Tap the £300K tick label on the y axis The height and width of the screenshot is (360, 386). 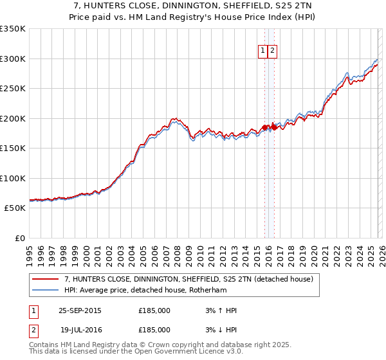pos(13,59)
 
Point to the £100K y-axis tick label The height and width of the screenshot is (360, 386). pos(13,178)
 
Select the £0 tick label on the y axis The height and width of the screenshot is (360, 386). pos(19,238)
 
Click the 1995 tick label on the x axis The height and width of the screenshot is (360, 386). pos(30,252)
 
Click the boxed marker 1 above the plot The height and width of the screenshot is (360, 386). pos(263,51)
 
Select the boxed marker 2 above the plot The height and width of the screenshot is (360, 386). pos(272,51)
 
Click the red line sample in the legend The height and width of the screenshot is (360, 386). pos(45,279)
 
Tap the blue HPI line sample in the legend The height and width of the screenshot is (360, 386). pos(45,290)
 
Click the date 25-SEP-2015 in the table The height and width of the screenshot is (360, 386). pos(80,310)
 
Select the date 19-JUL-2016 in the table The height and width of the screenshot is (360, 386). pos(80,329)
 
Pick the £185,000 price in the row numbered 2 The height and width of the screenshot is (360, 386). pos(154,329)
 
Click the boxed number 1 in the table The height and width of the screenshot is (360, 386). pos(32,310)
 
